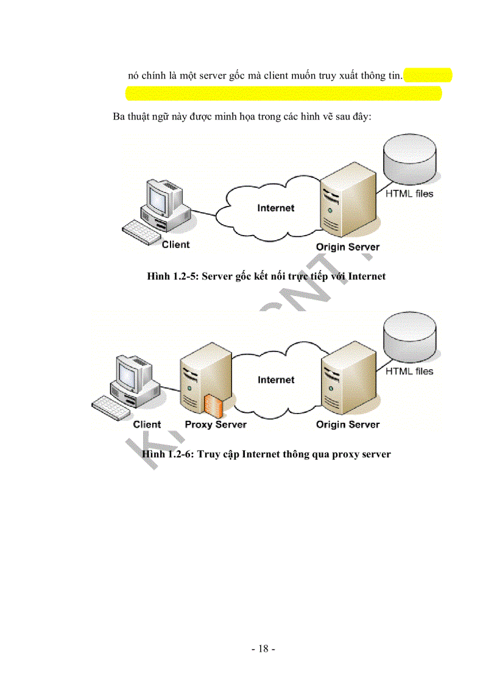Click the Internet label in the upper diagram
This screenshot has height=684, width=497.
[x=275, y=208]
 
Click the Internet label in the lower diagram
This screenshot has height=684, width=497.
[x=276, y=380]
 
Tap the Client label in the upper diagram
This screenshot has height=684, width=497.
[x=175, y=245]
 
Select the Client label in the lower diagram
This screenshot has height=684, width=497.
[x=147, y=425]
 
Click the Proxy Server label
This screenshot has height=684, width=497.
[x=216, y=425]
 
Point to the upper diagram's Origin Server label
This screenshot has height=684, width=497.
[x=348, y=247]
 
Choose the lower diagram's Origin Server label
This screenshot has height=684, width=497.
[x=348, y=425]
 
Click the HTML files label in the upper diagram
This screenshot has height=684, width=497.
[x=409, y=194]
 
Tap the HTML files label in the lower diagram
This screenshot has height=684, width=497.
[x=409, y=371]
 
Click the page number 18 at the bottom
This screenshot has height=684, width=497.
[x=263, y=649]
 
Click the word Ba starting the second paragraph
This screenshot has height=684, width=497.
[x=119, y=116]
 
